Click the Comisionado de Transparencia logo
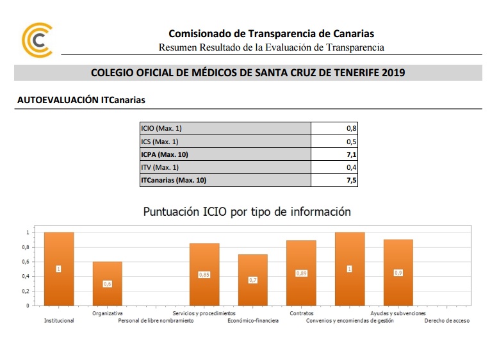(37, 40)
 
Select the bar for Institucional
(59, 269)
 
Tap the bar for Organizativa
(107, 283)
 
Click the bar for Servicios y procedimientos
(204, 274)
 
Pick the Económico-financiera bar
(253, 280)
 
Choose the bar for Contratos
(301, 273)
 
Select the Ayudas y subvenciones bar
(398, 272)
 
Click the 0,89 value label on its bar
(301, 273)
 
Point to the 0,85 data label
(204, 275)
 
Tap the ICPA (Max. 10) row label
(165, 154)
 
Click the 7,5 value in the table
(351, 181)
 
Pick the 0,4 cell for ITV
(351, 167)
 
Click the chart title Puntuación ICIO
(247, 211)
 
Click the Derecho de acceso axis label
(446, 321)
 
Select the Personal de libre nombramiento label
(156, 321)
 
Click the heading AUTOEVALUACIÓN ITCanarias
(81, 101)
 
